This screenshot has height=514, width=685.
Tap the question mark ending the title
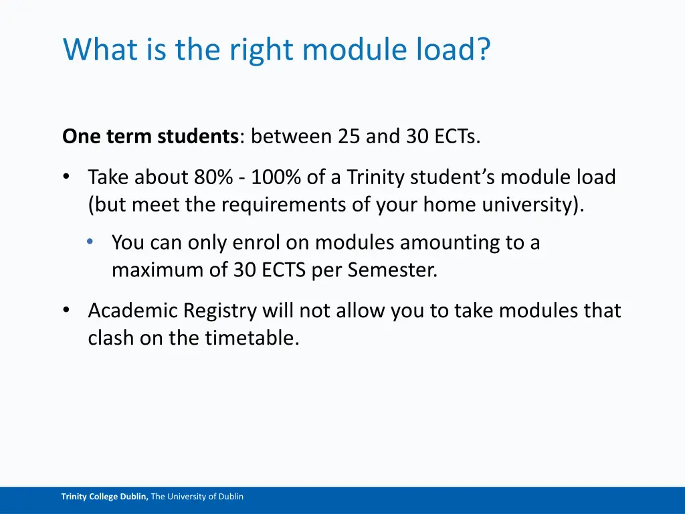pyautogui.click(x=483, y=50)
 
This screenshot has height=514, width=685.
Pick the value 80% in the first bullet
pyautogui.click(x=210, y=177)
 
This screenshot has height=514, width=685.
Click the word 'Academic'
pyautogui.click(x=132, y=311)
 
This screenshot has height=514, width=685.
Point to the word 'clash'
pyautogui.click(x=111, y=338)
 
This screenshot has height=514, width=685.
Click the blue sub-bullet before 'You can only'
pyautogui.click(x=90, y=242)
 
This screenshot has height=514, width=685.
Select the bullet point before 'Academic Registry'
pyautogui.click(x=66, y=311)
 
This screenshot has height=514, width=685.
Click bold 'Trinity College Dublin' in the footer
pyautogui.click(x=104, y=497)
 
